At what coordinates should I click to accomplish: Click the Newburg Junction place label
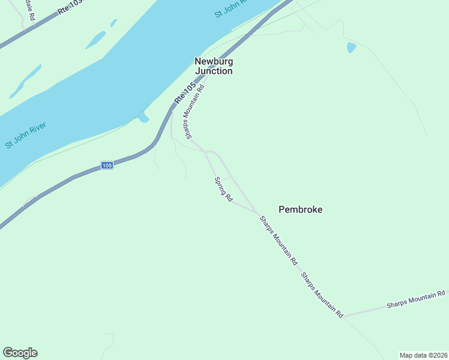tap(213, 66)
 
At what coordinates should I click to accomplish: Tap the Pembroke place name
tap(300, 209)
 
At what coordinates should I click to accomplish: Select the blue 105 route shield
tap(107, 165)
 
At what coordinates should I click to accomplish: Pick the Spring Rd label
tap(223, 189)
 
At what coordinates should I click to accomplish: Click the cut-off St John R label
tap(231, 9)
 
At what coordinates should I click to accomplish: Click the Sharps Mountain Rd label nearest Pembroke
tap(279, 241)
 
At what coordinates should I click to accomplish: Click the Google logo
tap(20, 353)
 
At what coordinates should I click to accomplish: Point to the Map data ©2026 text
tap(423, 355)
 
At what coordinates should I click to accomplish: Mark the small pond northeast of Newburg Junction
tap(351, 47)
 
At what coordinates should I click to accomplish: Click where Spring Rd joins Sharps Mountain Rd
tap(258, 214)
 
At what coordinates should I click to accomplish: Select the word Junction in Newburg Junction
tap(213, 71)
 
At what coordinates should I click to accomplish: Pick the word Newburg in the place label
tap(213, 61)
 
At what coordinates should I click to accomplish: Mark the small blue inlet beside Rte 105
tap(143, 118)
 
